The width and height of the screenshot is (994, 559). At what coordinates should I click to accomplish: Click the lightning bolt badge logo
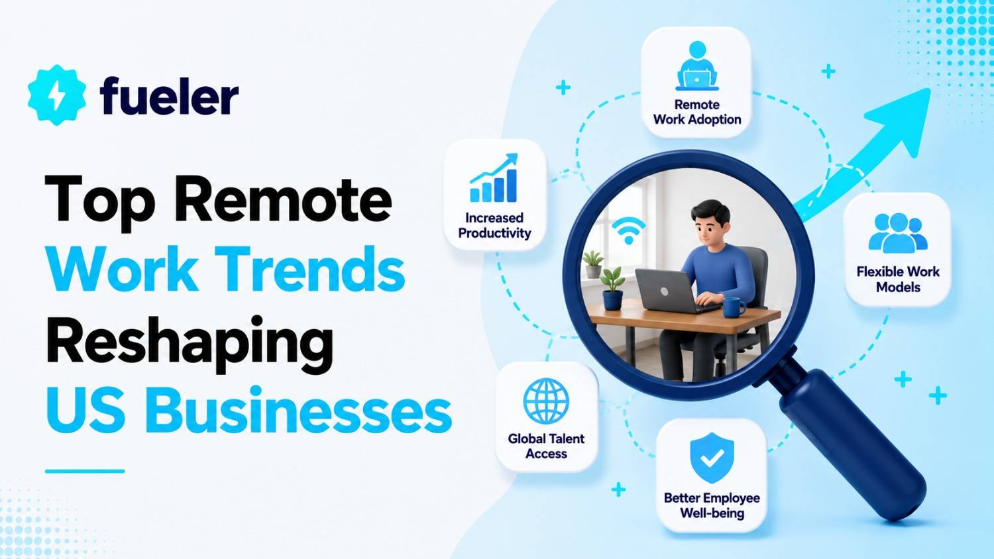pyautogui.click(x=56, y=95)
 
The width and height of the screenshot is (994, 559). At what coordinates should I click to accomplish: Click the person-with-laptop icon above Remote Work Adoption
pyautogui.click(x=696, y=66)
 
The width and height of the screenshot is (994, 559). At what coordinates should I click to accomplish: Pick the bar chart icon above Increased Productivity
pyautogui.click(x=494, y=178)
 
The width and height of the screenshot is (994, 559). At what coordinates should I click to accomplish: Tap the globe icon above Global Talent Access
pyautogui.click(x=546, y=401)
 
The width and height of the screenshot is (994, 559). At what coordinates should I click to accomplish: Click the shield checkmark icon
pyautogui.click(x=712, y=458)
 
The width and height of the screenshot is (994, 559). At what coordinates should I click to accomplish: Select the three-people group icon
pyautogui.click(x=898, y=233)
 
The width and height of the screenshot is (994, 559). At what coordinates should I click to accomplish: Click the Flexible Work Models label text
pyautogui.click(x=898, y=279)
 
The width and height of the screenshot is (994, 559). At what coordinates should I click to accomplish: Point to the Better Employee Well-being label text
pyautogui.click(x=712, y=505)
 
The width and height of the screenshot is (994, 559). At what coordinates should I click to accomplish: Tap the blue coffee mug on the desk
pyautogui.click(x=734, y=307)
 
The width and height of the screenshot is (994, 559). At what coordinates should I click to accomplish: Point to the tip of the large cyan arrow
pyautogui.click(x=930, y=89)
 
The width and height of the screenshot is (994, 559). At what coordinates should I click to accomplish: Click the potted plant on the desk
pyautogui.click(x=612, y=288)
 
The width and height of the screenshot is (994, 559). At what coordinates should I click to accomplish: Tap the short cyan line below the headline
pyautogui.click(x=85, y=471)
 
